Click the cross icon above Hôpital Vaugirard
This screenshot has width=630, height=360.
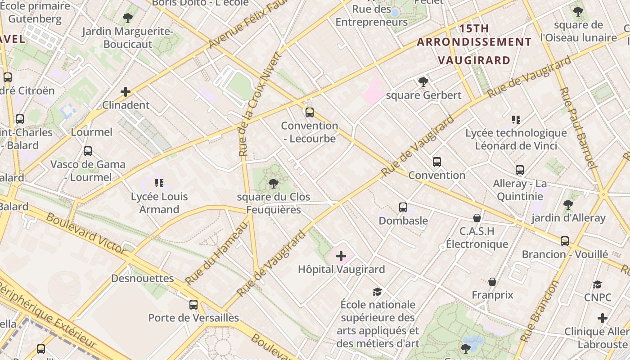(x=341, y=256)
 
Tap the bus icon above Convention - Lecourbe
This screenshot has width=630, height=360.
(x=309, y=112)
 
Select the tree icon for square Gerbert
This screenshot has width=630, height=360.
(x=423, y=81)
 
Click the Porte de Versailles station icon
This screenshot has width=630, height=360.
(x=193, y=305)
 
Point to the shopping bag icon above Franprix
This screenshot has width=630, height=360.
(x=492, y=282)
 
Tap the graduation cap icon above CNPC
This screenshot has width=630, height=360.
(x=597, y=284)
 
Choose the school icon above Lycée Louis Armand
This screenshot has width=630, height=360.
(x=159, y=183)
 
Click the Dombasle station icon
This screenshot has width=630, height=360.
(x=403, y=207)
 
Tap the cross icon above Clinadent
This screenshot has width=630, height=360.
(x=126, y=92)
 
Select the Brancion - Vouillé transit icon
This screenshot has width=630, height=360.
(x=565, y=241)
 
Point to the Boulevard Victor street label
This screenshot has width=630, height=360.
(x=85, y=233)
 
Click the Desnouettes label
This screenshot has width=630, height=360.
(x=143, y=278)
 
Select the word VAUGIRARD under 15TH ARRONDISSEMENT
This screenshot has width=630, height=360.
(x=474, y=60)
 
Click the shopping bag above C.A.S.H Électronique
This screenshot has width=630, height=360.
(x=477, y=218)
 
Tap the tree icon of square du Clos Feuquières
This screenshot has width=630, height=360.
(x=273, y=183)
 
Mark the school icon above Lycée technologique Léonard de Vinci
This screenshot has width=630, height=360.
(x=516, y=120)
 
